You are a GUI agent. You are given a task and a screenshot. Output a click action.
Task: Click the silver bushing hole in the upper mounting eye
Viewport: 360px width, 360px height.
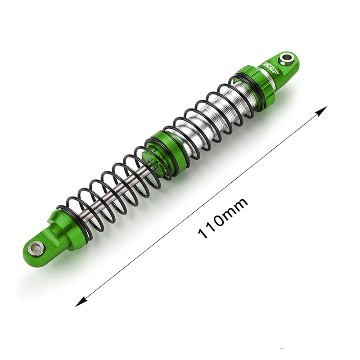pos(286,58)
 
